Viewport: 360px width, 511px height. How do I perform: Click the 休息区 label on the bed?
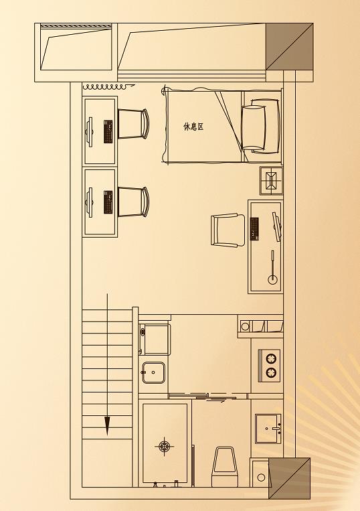click(x=193, y=127)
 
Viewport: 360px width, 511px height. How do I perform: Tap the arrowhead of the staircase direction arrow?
click(x=107, y=426)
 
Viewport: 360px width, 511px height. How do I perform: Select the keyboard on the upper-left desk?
click(x=108, y=131)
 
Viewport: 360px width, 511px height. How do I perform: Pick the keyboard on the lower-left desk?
click(x=108, y=202)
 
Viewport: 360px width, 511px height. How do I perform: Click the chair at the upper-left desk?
click(x=132, y=124)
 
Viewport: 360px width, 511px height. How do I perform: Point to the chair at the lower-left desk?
click(x=132, y=202)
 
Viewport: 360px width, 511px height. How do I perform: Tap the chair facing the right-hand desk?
click(x=228, y=230)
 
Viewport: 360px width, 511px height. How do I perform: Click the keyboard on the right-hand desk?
click(x=254, y=228)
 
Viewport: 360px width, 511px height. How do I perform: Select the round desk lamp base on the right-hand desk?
click(x=272, y=279)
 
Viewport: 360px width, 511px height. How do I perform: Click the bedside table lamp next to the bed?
click(x=272, y=180)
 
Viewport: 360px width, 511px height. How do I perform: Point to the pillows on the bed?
click(x=260, y=127)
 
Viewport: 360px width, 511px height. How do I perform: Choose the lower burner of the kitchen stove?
click(x=270, y=372)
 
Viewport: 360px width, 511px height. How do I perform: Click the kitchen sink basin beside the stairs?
click(x=153, y=372)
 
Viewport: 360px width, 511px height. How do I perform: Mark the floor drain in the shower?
click(x=165, y=446)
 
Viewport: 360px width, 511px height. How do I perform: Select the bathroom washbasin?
click(x=268, y=429)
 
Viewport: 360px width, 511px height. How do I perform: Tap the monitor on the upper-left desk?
click(x=89, y=132)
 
